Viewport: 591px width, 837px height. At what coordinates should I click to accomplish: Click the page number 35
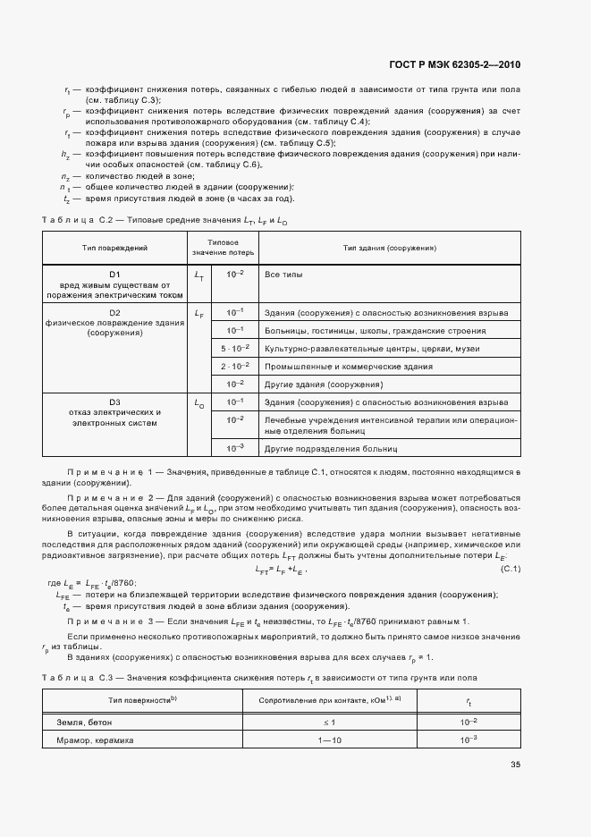click(515, 764)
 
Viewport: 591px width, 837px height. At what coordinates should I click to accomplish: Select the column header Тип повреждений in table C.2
click(114, 247)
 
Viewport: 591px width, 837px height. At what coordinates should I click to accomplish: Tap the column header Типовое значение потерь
click(222, 247)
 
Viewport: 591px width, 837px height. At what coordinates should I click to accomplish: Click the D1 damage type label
click(114, 274)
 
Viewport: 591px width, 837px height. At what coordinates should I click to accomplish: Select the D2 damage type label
click(114, 312)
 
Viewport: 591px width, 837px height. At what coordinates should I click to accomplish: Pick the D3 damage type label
click(114, 402)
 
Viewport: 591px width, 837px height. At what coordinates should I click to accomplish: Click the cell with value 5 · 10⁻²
click(235, 348)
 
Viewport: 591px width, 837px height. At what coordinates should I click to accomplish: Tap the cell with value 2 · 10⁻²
click(235, 366)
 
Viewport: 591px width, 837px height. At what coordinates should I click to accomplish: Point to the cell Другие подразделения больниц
click(330, 447)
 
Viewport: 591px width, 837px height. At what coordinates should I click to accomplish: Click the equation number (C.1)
click(511, 570)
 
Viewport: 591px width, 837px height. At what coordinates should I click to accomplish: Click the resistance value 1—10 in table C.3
click(329, 740)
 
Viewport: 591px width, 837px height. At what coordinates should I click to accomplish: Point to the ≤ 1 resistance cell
click(329, 722)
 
